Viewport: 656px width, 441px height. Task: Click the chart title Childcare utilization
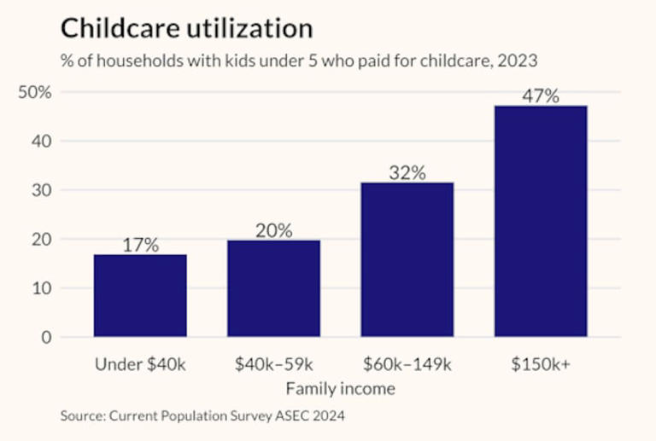pos(186,28)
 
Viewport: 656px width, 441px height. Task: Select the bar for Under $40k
pos(140,295)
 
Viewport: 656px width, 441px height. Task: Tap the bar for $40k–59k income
pos(273,288)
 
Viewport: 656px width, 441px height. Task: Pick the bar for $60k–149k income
pos(407,259)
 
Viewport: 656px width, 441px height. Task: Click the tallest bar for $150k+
pos(541,221)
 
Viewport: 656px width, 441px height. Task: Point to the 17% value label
pos(140,245)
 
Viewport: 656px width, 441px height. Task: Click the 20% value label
pos(273,230)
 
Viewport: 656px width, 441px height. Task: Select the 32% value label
pos(407,172)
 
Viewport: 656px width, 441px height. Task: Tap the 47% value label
pos(541,96)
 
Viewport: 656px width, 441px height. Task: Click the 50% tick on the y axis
pos(35,92)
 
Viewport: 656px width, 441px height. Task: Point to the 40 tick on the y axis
pos(42,141)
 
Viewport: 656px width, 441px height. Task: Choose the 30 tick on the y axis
pos(42,190)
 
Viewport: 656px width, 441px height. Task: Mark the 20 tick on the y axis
pos(42,239)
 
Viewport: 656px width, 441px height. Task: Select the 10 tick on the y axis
pos(42,288)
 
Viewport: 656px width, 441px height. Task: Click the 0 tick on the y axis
pos(46,337)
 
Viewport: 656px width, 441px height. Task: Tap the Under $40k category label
pos(140,364)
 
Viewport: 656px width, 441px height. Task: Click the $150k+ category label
pos(541,364)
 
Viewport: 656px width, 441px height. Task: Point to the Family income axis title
pos(340,389)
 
